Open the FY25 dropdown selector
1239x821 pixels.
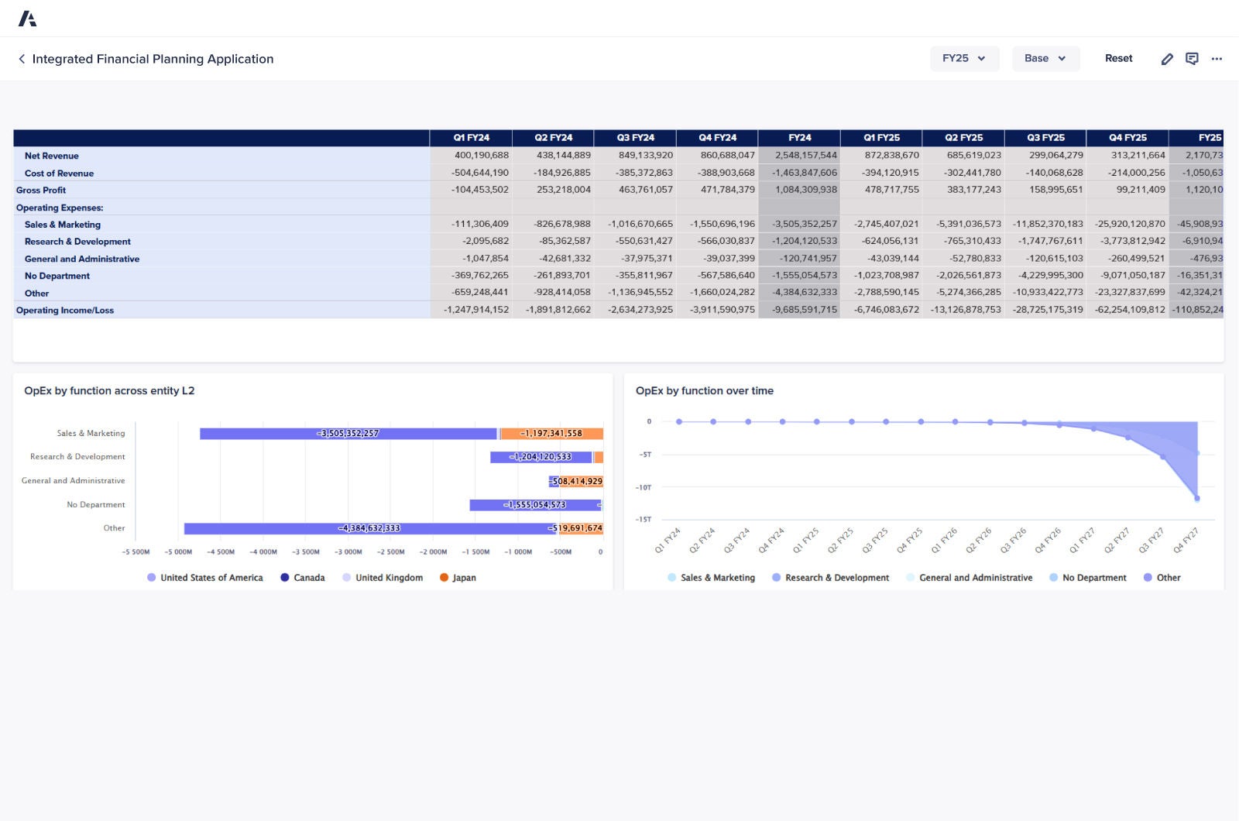pyautogui.click(x=964, y=59)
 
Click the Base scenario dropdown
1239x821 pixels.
pyautogui.click(x=1045, y=59)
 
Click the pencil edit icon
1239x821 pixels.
pyautogui.click(x=1167, y=59)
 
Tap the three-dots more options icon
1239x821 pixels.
pyautogui.click(x=1217, y=59)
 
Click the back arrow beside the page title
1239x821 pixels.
pyautogui.click(x=22, y=59)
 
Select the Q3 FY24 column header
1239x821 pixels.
pyautogui.click(x=635, y=138)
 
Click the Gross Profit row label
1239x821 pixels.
pyautogui.click(x=41, y=191)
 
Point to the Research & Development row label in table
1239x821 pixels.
pyautogui.click(x=77, y=242)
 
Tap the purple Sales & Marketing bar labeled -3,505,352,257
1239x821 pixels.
pyautogui.click(x=348, y=434)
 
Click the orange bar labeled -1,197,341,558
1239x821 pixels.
pyautogui.click(x=551, y=434)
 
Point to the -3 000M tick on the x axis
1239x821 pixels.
pyautogui.click(x=348, y=552)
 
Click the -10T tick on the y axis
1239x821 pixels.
pyautogui.click(x=644, y=488)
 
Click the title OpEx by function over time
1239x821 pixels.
pyautogui.click(x=704, y=391)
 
